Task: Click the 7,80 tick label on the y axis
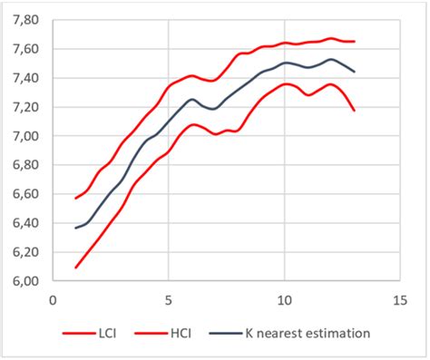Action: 24,19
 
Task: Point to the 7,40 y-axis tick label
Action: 24,78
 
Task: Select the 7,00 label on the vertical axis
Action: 24,136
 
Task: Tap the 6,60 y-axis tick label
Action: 24,194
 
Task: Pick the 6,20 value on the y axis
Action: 24,252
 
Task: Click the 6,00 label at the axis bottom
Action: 24,281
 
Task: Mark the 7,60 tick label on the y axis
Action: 24,49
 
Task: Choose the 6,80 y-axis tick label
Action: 24,165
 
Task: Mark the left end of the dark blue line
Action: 75,228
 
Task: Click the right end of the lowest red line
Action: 354,111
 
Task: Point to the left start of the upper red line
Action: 75,198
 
